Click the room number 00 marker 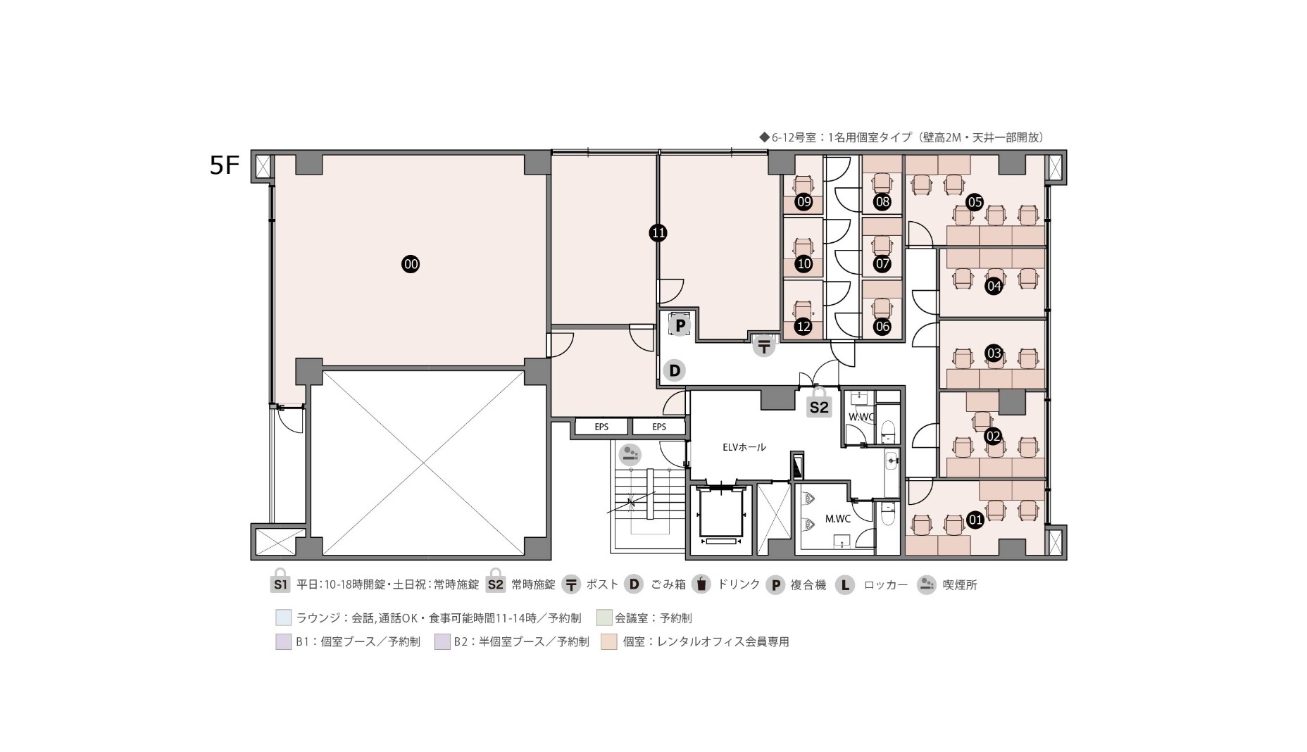[x=411, y=265]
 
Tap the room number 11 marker [x=658, y=233]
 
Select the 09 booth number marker [x=803, y=202]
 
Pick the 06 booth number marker [x=882, y=327]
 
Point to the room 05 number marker [x=975, y=203]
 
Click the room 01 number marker [x=975, y=520]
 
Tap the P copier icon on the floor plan [x=680, y=325]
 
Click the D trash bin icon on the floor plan [x=675, y=370]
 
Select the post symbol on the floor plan [x=764, y=346]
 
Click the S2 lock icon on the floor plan [x=819, y=403]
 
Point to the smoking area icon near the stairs [x=630, y=454]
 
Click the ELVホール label [x=744, y=447]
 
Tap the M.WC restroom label [x=838, y=519]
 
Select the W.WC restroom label [x=861, y=417]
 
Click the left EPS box [x=601, y=427]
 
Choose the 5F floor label [x=225, y=165]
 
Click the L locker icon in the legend [x=845, y=584]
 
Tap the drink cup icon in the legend [x=701, y=584]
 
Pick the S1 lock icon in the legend [x=280, y=581]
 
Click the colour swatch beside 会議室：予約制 [x=604, y=618]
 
